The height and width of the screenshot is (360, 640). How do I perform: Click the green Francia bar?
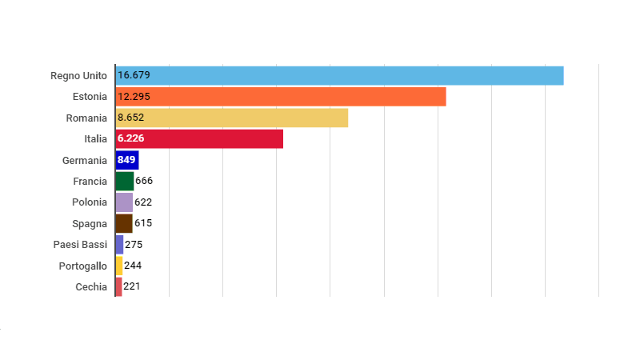[x=124, y=181]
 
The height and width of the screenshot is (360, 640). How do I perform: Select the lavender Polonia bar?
[x=124, y=202]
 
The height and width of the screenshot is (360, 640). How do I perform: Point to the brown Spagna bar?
[x=123, y=223]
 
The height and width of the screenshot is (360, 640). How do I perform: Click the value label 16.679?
[x=134, y=75]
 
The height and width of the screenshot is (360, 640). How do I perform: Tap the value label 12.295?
[x=134, y=97]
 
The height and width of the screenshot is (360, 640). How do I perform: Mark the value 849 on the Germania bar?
[x=126, y=160]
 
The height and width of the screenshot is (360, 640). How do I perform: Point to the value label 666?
[x=144, y=181]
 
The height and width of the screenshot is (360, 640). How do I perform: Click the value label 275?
[x=134, y=244]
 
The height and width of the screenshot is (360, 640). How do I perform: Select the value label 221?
[x=132, y=286]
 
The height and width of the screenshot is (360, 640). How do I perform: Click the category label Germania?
[x=84, y=160]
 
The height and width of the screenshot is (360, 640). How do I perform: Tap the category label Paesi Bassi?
[x=80, y=244]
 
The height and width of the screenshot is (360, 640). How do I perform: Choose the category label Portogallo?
[x=82, y=266]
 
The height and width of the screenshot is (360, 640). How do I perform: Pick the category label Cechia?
[x=90, y=286]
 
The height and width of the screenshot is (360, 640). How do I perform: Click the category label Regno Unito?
[x=78, y=75]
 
